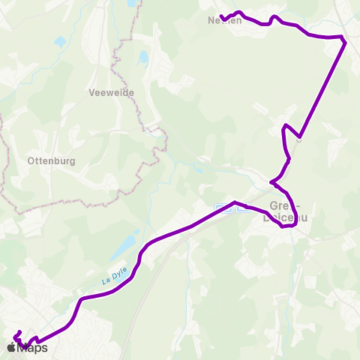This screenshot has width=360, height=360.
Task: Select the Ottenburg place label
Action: pyautogui.click(x=46, y=160)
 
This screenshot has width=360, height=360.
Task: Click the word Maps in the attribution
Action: pyautogui.click(x=32, y=347)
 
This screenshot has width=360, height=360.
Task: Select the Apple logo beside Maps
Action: pyautogui.click(x=10, y=347)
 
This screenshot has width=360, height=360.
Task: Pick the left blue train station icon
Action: pyautogui.click(x=220, y=208)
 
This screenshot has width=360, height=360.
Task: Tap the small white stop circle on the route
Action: pyautogui.click(x=299, y=139)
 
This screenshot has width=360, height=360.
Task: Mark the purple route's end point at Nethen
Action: pyautogui.click(x=221, y=17)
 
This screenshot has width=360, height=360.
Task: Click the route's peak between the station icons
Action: pyautogui.click(x=235, y=202)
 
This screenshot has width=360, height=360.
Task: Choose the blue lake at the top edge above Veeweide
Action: pyautogui.click(x=133, y=4)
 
